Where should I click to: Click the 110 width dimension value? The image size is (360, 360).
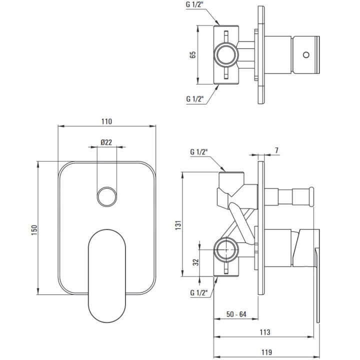click(x=107, y=121)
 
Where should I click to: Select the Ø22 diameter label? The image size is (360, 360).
click(x=106, y=142)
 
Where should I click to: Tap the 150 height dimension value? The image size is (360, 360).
click(x=34, y=230)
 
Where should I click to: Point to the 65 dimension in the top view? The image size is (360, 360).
click(x=193, y=54)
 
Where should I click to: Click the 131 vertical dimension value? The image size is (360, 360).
click(x=178, y=225)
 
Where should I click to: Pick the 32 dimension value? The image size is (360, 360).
click(x=195, y=262)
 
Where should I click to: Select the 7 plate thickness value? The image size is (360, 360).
click(x=276, y=150)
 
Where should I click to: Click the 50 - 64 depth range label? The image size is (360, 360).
click(x=236, y=314)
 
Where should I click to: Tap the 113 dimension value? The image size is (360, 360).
click(x=265, y=332)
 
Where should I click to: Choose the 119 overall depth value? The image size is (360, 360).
click(x=266, y=352)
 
